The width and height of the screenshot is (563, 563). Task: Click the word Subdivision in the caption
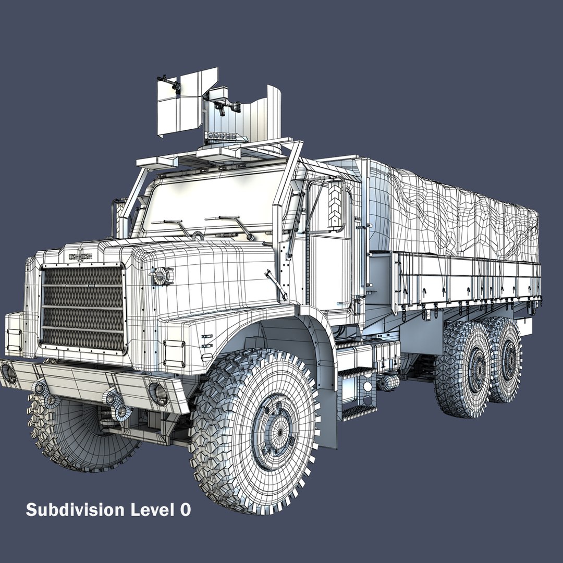(76, 510)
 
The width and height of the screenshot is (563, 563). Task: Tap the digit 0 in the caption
(185, 510)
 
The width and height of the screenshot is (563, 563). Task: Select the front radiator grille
(83, 308)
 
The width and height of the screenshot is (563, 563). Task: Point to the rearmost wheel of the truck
(506, 359)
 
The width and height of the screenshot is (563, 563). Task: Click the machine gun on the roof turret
(224, 105)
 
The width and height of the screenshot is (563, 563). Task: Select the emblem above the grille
(80, 256)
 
